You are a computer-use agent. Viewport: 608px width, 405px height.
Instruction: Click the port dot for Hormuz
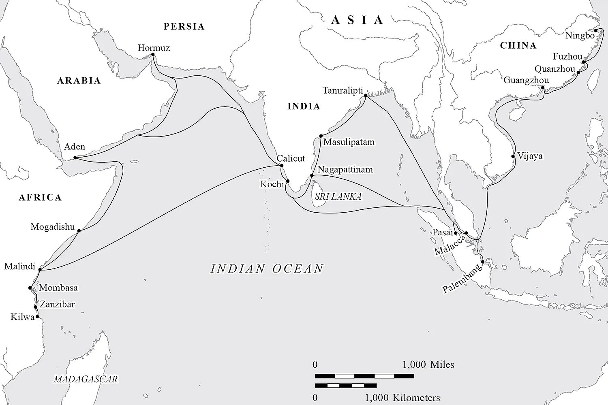[x=153, y=54]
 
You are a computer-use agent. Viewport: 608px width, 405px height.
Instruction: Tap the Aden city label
[x=74, y=147]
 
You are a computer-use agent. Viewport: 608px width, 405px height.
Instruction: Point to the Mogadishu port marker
[x=79, y=231]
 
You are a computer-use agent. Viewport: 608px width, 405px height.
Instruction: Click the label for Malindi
[x=19, y=266]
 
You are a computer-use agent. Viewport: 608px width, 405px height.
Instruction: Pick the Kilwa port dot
[x=37, y=317]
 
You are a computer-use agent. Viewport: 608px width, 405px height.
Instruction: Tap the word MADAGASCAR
[x=86, y=379]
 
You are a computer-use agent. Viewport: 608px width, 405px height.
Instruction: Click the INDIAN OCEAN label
[x=267, y=269]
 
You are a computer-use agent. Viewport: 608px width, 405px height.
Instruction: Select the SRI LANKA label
[x=338, y=196]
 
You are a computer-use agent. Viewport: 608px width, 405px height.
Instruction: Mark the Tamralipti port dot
[x=366, y=96]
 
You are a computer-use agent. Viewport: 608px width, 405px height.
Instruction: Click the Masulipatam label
[x=349, y=142]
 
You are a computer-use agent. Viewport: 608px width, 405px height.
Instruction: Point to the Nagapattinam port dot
[x=312, y=175]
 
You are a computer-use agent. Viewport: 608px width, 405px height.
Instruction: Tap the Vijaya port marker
[x=514, y=156]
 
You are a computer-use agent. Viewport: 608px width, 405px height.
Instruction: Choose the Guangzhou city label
[x=526, y=80]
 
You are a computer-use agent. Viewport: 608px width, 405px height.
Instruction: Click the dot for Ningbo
[x=596, y=30]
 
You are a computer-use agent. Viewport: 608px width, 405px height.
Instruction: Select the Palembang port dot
[x=482, y=262]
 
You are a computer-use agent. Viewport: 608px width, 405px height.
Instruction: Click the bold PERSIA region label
[x=184, y=27]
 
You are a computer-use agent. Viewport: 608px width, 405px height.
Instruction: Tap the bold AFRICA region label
[x=40, y=197]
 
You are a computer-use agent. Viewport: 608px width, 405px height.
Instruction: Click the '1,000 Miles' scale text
[x=428, y=364]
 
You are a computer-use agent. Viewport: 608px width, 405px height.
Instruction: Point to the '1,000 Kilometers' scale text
[x=402, y=397]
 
